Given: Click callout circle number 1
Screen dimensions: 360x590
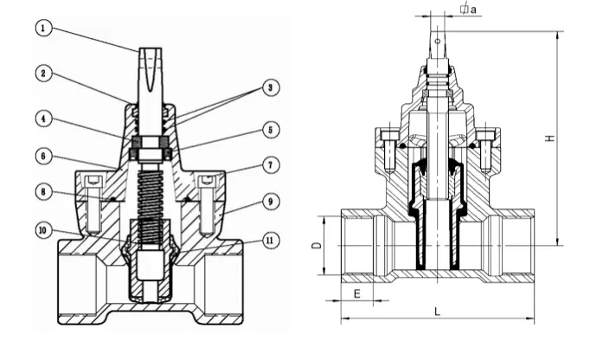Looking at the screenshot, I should [43, 27].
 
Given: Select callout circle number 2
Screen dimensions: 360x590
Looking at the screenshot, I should [43, 73].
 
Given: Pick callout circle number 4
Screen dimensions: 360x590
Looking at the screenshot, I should [43, 118].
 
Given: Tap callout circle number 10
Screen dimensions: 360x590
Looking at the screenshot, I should [43, 230].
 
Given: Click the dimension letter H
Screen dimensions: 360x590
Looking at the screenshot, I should [550, 138].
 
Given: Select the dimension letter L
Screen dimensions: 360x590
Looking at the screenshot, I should [437, 312].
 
